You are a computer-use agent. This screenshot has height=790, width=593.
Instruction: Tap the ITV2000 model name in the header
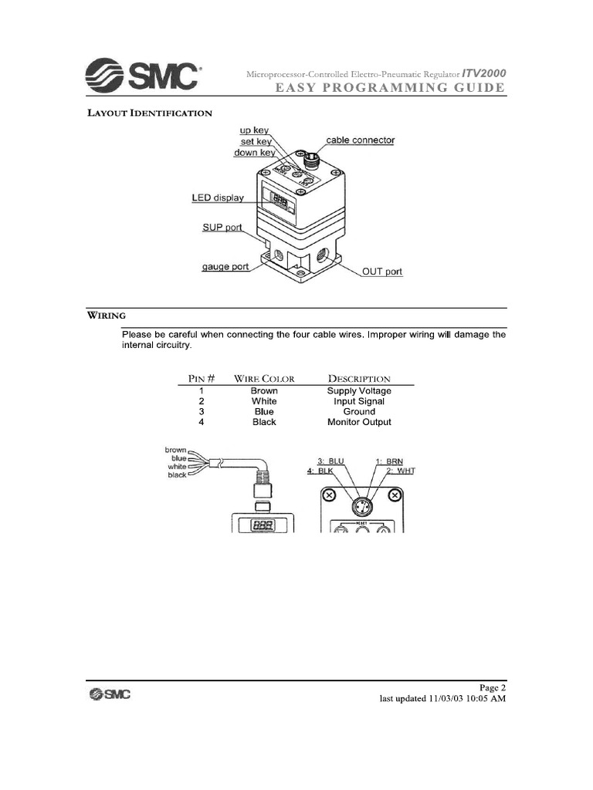484,73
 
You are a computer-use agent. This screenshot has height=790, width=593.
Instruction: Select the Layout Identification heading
148,113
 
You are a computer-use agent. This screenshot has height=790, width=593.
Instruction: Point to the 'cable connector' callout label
360,140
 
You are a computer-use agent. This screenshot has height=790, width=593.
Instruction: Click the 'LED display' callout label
218,197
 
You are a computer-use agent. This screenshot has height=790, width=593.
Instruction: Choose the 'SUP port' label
222,228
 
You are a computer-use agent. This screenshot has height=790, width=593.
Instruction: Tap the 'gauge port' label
225,267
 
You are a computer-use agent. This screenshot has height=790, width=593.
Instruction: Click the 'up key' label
254,131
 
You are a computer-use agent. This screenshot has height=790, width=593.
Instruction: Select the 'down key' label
255,153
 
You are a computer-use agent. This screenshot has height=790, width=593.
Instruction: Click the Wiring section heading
106,316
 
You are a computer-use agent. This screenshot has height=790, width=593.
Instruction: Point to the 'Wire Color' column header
264,379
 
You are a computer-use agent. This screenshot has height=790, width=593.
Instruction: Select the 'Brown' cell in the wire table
264,391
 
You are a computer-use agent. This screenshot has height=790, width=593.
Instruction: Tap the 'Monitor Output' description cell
359,422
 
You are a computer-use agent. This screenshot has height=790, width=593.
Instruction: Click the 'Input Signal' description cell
359,401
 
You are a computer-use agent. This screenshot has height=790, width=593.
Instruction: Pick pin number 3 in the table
201,412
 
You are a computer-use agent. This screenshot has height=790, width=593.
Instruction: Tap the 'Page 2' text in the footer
493,687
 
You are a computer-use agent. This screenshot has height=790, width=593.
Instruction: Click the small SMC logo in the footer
109,694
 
